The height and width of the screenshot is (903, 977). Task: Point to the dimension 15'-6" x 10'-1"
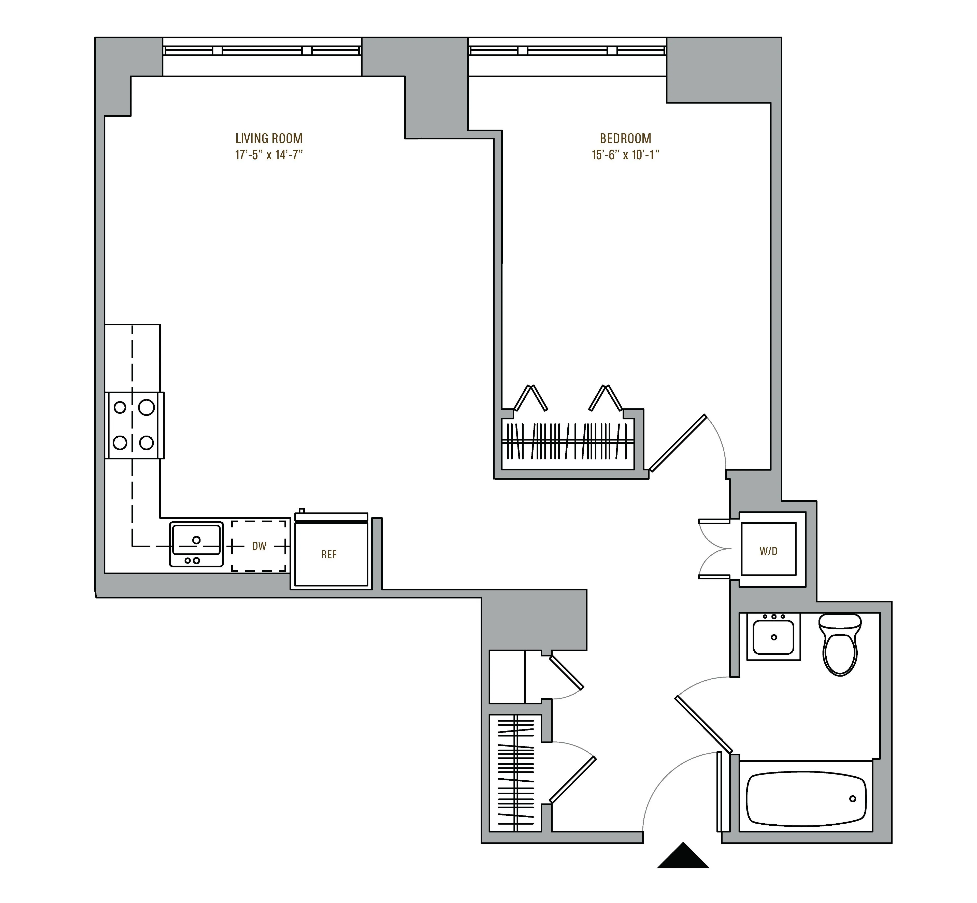625,155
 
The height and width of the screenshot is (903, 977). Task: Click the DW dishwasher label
259,546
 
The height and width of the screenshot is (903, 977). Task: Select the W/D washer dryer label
768,551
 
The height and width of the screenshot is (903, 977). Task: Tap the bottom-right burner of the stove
147,443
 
